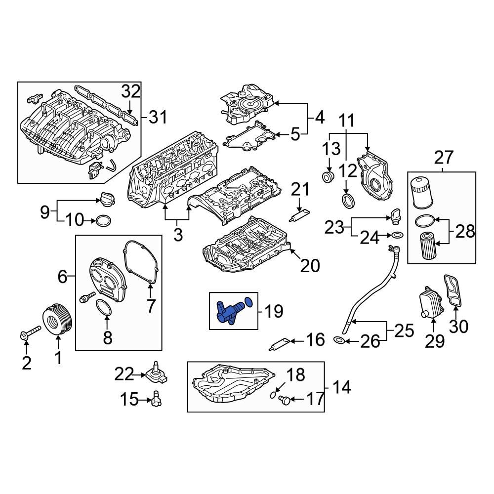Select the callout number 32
[x=131, y=91]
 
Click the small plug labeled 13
[x=328, y=176]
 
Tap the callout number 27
[x=443, y=158]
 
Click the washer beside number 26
[x=339, y=340]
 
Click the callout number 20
[x=310, y=266]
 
